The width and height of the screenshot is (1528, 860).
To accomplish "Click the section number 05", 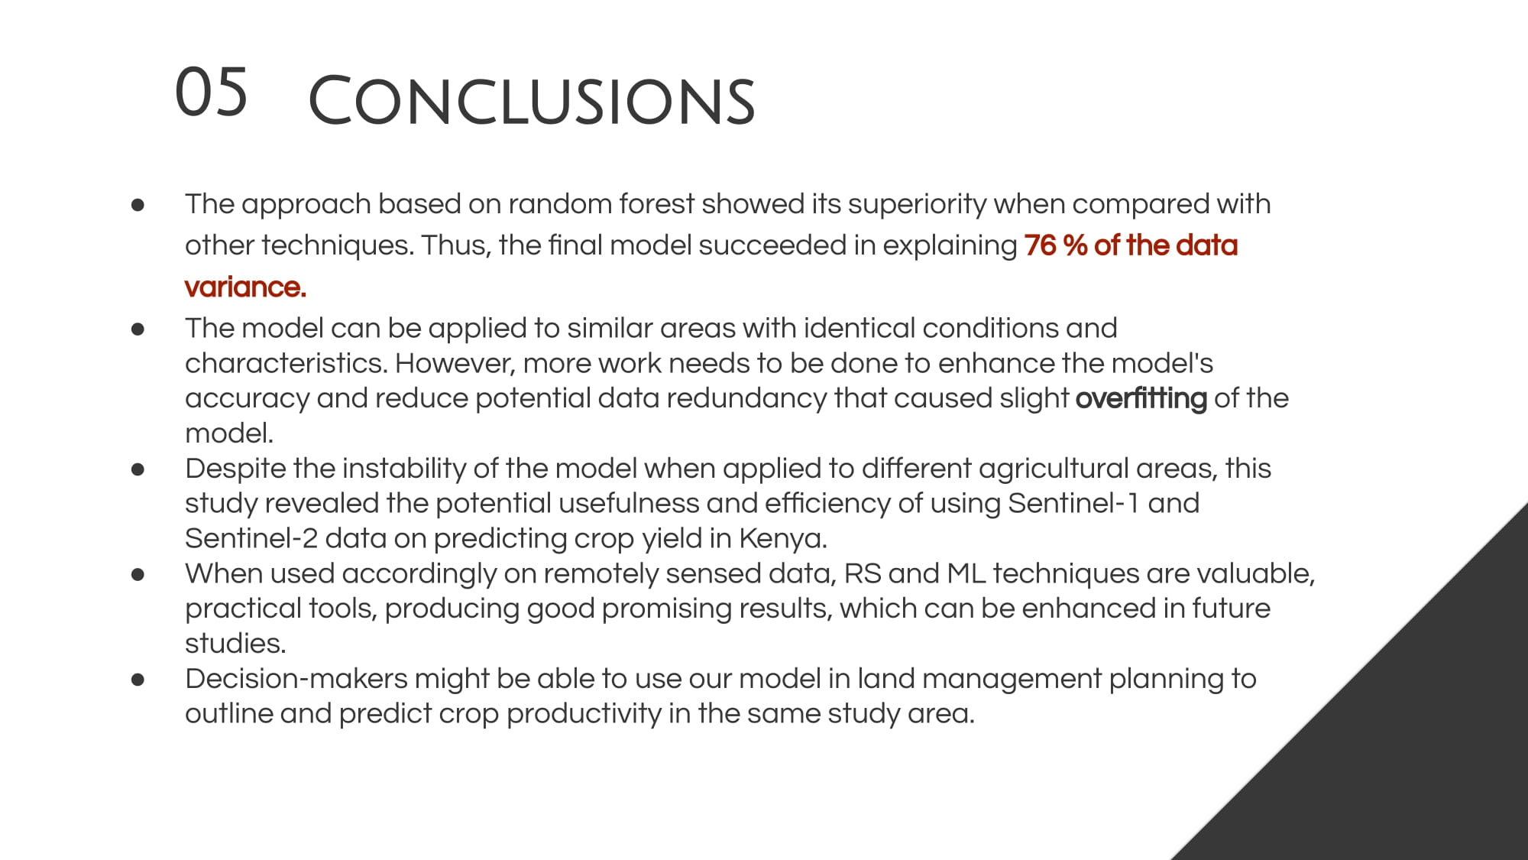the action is (211, 92).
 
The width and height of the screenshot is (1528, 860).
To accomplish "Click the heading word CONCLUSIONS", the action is (532, 101).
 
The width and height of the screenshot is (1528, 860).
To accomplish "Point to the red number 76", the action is (1040, 245).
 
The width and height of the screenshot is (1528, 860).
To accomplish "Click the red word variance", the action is (245, 287).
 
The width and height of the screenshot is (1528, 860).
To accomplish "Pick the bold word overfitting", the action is (1141, 399).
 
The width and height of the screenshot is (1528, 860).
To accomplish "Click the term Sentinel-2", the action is (251, 539).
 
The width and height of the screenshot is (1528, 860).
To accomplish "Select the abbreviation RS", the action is (863, 574).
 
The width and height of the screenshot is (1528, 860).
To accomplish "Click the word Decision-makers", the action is (296, 679).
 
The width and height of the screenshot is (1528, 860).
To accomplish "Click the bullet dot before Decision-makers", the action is (138, 680).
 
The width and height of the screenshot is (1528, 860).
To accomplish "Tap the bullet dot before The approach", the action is (138, 205).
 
